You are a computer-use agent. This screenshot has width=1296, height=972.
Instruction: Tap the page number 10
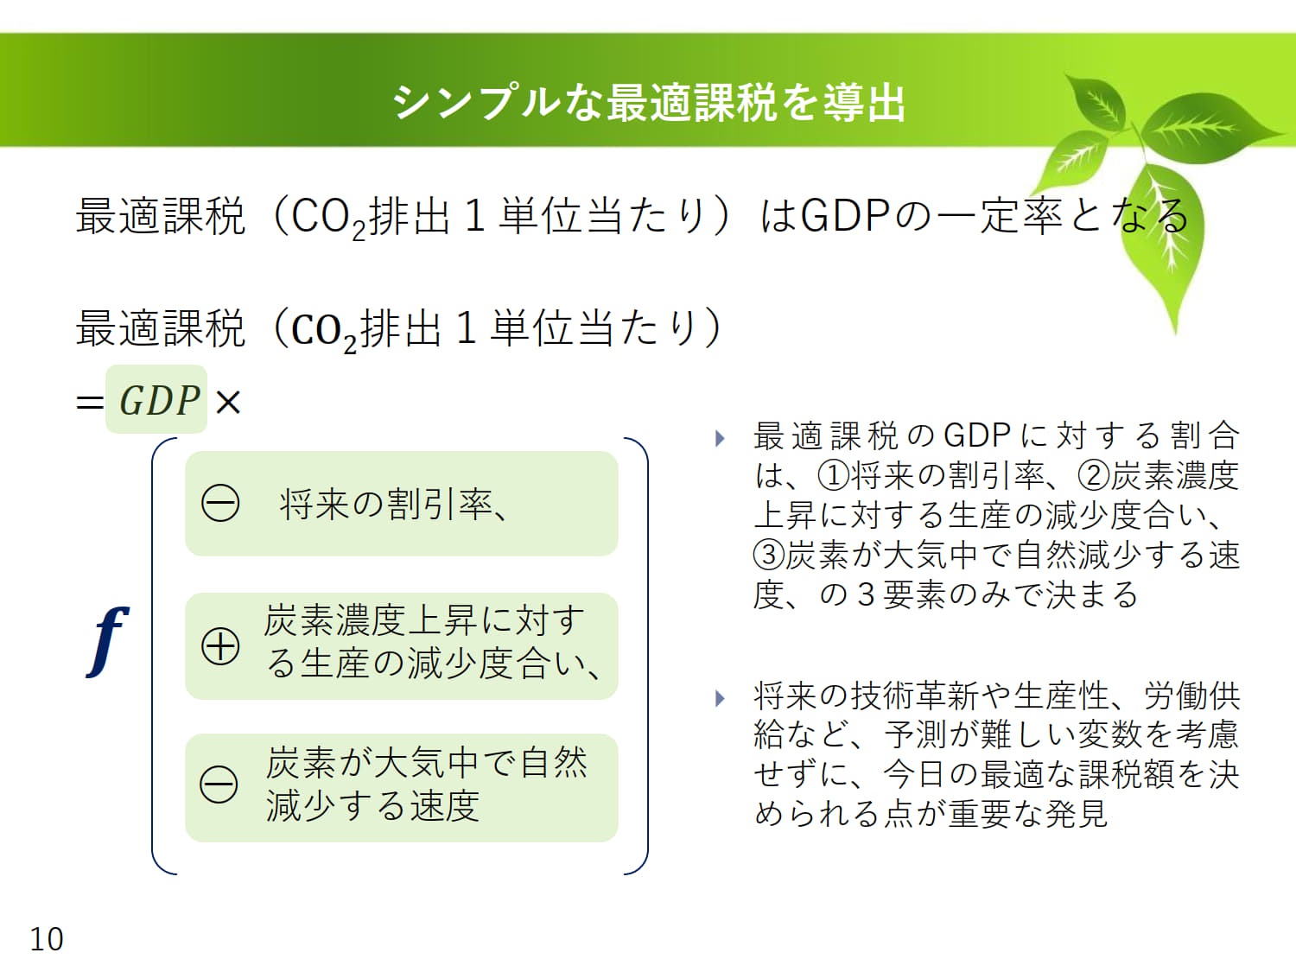[46, 939]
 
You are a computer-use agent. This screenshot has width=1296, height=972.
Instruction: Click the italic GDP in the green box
[159, 401]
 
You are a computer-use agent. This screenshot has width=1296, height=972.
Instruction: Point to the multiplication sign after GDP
[228, 403]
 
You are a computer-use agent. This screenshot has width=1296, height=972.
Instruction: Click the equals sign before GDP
[89, 403]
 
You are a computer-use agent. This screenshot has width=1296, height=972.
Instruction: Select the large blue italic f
[107, 641]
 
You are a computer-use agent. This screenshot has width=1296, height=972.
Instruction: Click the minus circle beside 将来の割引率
[220, 504]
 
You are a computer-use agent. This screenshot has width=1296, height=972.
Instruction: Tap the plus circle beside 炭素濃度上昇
[220, 646]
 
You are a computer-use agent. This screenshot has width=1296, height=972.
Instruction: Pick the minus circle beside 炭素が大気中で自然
[219, 785]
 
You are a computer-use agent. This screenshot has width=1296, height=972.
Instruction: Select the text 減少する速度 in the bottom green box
[372, 806]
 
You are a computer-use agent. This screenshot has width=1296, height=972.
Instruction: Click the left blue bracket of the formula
[153, 656]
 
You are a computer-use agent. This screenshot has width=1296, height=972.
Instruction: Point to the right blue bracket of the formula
[647, 656]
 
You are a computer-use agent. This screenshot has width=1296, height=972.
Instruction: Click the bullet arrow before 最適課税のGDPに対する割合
[720, 438]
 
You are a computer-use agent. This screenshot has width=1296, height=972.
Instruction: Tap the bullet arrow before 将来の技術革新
[720, 698]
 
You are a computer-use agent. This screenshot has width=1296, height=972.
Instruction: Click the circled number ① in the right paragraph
[833, 476]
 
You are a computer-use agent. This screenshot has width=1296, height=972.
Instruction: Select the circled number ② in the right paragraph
[1094, 476]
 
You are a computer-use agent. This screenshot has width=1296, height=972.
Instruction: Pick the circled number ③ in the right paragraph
[769, 555]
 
